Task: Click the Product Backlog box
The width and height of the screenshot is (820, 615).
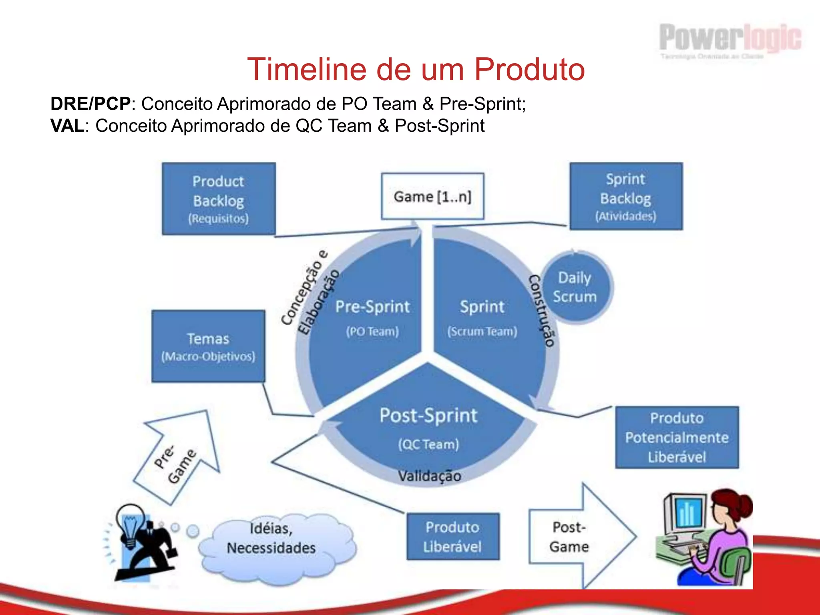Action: (x=219, y=199)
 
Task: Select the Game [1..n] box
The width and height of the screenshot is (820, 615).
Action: (x=432, y=196)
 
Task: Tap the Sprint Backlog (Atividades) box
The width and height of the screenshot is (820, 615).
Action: (x=626, y=196)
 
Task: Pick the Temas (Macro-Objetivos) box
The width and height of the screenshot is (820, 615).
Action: (x=208, y=346)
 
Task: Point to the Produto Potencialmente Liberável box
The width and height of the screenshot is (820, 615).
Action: (x=677, y=437)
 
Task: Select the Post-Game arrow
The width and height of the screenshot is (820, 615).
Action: (x=577, y=537)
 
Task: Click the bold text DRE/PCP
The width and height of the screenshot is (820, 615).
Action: (x=90, y=104)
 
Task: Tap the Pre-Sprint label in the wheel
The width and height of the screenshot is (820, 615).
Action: (x=372, y=307)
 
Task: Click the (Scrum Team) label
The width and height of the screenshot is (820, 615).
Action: (x=482, y=332)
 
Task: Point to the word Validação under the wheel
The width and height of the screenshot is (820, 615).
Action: (x=429, y=476)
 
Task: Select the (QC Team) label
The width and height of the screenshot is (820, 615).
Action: (x=428, y=444)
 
